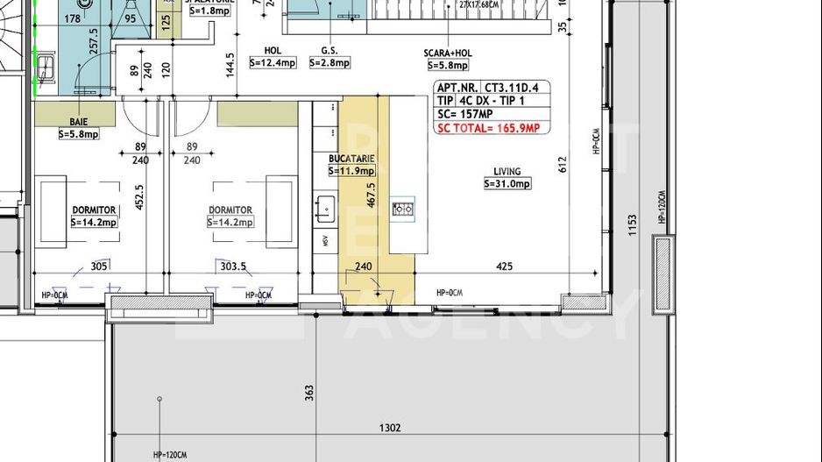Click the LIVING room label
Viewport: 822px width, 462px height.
[507, 172]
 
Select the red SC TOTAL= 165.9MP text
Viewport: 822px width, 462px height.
[488, 129]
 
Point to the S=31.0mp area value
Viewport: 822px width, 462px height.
[507, 184]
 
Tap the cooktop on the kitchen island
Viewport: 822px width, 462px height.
[404, 209]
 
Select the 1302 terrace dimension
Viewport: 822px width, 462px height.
[390, 428]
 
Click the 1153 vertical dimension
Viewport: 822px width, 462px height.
[632, 230]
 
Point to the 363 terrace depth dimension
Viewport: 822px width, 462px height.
[309, 392]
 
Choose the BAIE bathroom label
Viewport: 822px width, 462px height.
[79, 122]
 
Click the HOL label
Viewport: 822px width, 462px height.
[273, 51]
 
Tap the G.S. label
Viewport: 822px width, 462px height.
[330, 51]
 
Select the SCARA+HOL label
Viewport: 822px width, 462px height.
[448, 53]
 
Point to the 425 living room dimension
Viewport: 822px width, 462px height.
[504, 267]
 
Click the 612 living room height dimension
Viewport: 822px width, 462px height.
[562, 164]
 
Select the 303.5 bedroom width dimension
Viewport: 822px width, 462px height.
[233, 267]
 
